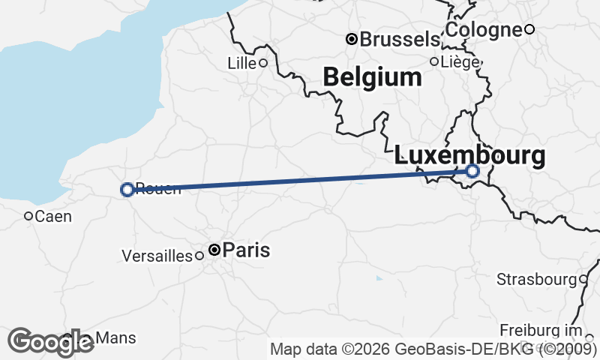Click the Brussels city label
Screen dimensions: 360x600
tap(400, 39)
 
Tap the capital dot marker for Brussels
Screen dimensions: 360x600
tap(351, 38)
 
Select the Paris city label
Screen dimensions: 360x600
tap(246, 250)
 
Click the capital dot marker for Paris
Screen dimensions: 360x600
tap(214, 250)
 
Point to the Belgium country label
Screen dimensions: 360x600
tap(372, 76)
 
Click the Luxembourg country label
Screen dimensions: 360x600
tap(470, 155)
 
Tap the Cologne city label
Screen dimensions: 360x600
tap(484, 30)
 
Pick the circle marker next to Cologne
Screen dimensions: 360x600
tap(529, 29)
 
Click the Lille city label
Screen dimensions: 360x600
tap(241, 64)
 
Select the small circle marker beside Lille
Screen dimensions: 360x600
tap(263, 63)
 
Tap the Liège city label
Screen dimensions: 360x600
tap(460, 61)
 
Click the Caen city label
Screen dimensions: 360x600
tap(53, 217)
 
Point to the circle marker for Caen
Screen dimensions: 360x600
tap(28, 216)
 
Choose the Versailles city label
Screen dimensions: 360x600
tap(157, 256)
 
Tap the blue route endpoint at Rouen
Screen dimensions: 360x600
tap(127, 190)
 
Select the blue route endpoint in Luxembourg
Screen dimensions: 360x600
tap(472, 171)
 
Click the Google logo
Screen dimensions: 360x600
tap(51, 342)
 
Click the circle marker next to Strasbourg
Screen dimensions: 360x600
tap(583, 280)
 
